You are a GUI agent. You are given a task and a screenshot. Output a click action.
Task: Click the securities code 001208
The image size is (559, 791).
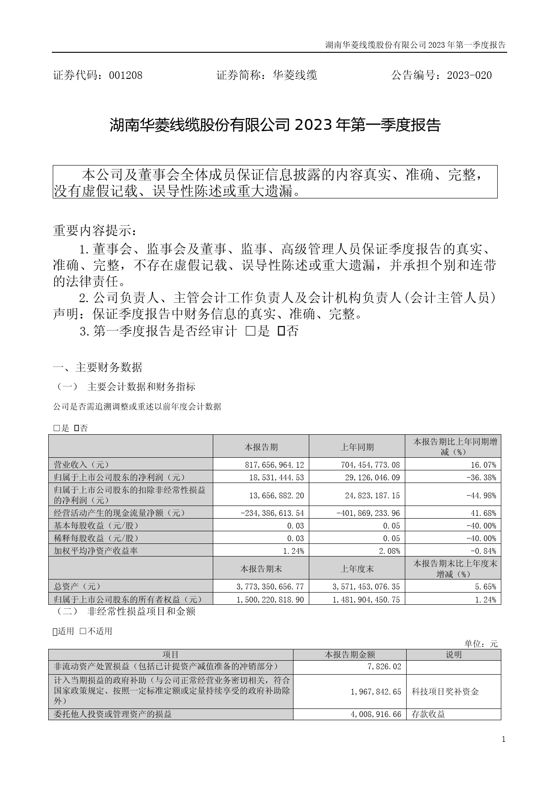pos(126,75)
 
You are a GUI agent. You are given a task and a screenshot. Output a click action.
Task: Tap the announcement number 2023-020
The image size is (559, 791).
pos(469,75)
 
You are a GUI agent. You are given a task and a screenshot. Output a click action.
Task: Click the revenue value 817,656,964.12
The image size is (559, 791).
pos(274,464)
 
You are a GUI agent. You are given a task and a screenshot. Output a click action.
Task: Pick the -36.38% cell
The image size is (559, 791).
pos(483,477)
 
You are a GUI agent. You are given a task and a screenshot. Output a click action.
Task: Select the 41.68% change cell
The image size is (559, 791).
pos(485,513)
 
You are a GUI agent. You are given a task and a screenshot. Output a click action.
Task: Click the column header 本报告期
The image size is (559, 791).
pos(261,447)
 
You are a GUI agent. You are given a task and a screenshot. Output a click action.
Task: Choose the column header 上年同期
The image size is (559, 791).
pos(357,447)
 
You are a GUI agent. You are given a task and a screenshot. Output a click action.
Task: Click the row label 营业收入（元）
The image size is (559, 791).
pos(82,464)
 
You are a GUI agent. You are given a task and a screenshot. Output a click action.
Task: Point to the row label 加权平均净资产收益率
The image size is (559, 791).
pos(96,551)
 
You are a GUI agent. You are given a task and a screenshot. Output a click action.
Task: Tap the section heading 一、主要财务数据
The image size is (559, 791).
pos(98,368)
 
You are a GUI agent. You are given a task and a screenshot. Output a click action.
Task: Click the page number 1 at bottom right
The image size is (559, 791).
pos(504,739)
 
